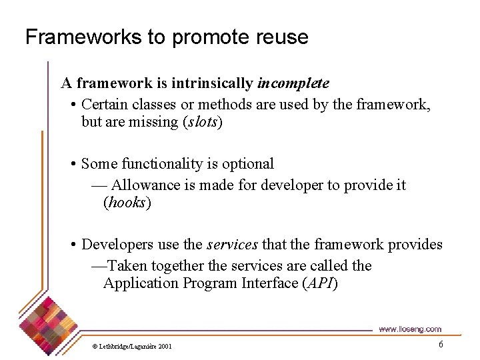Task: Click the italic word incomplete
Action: tap(293, 83)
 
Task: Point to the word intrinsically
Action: tap(212, 83)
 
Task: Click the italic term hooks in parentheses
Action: tap(127, 203)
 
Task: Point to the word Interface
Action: tap(268, 283)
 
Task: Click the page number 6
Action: tap(440, 344)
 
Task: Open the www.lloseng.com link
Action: tap(409, 329)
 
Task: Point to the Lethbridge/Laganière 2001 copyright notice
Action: tap(132, 347)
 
